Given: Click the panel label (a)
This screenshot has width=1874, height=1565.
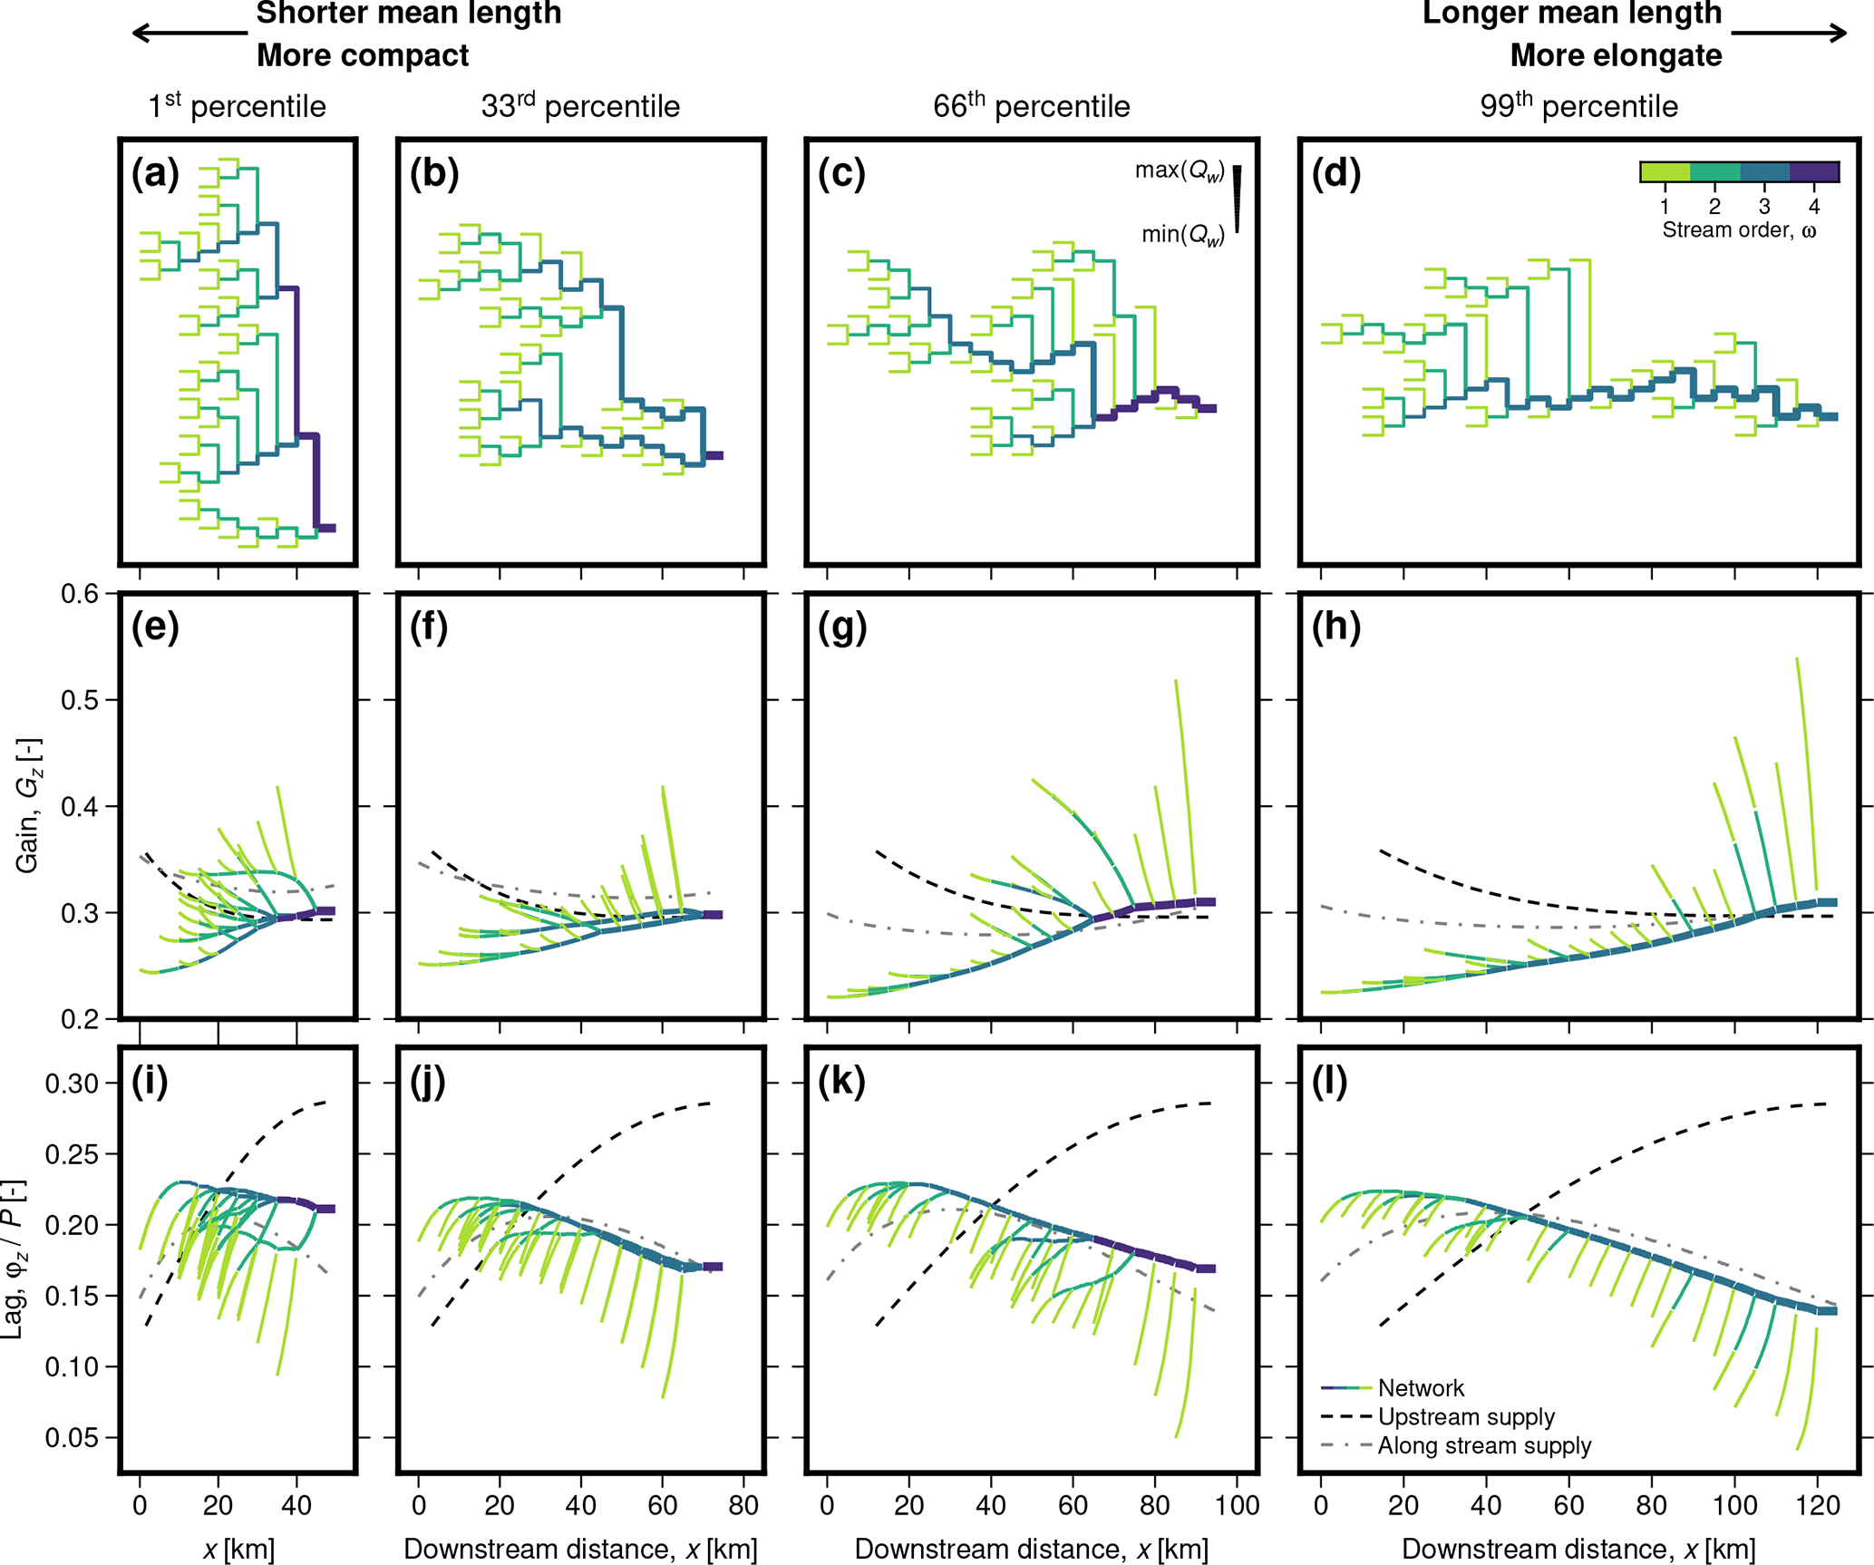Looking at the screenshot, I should coord(155,173).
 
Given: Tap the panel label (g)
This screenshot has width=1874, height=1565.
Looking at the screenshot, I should coord(841,627).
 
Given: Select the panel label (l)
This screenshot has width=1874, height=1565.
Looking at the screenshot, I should coord(1329,1081).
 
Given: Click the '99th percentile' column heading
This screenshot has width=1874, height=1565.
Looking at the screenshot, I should coord(1578,106).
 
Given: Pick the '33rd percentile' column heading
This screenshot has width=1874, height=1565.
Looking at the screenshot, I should coord(580,106).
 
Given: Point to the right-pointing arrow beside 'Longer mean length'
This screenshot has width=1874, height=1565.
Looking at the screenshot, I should coord(1789,34).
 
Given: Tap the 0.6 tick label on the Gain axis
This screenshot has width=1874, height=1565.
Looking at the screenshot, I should coord(80,594).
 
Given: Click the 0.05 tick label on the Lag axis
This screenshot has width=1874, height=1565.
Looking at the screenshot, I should coord(73,1437).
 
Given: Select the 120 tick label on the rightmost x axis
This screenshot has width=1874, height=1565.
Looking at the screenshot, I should coord(1817,1506).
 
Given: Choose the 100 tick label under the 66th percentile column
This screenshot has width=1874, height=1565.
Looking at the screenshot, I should coord(1238,1506).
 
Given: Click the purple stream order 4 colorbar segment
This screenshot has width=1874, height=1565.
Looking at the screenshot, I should coord(1813,171).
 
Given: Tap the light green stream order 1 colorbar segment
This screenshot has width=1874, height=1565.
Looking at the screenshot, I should coord(1665,171).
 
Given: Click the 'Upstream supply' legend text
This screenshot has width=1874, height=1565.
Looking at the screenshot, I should coord(1466,1416).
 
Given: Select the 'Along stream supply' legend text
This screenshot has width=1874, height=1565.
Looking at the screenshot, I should coord(1484,1445).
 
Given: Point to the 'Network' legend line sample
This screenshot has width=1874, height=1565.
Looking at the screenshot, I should coord(1345,1388).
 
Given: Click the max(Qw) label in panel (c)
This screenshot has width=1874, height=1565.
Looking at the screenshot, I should coord(1180,170).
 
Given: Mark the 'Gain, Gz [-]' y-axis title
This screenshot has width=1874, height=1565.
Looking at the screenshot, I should coord(27,805).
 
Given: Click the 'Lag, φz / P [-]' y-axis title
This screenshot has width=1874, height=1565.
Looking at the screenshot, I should coord(14,1259).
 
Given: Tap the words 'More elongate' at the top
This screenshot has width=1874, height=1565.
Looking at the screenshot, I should coord(1616,55).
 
